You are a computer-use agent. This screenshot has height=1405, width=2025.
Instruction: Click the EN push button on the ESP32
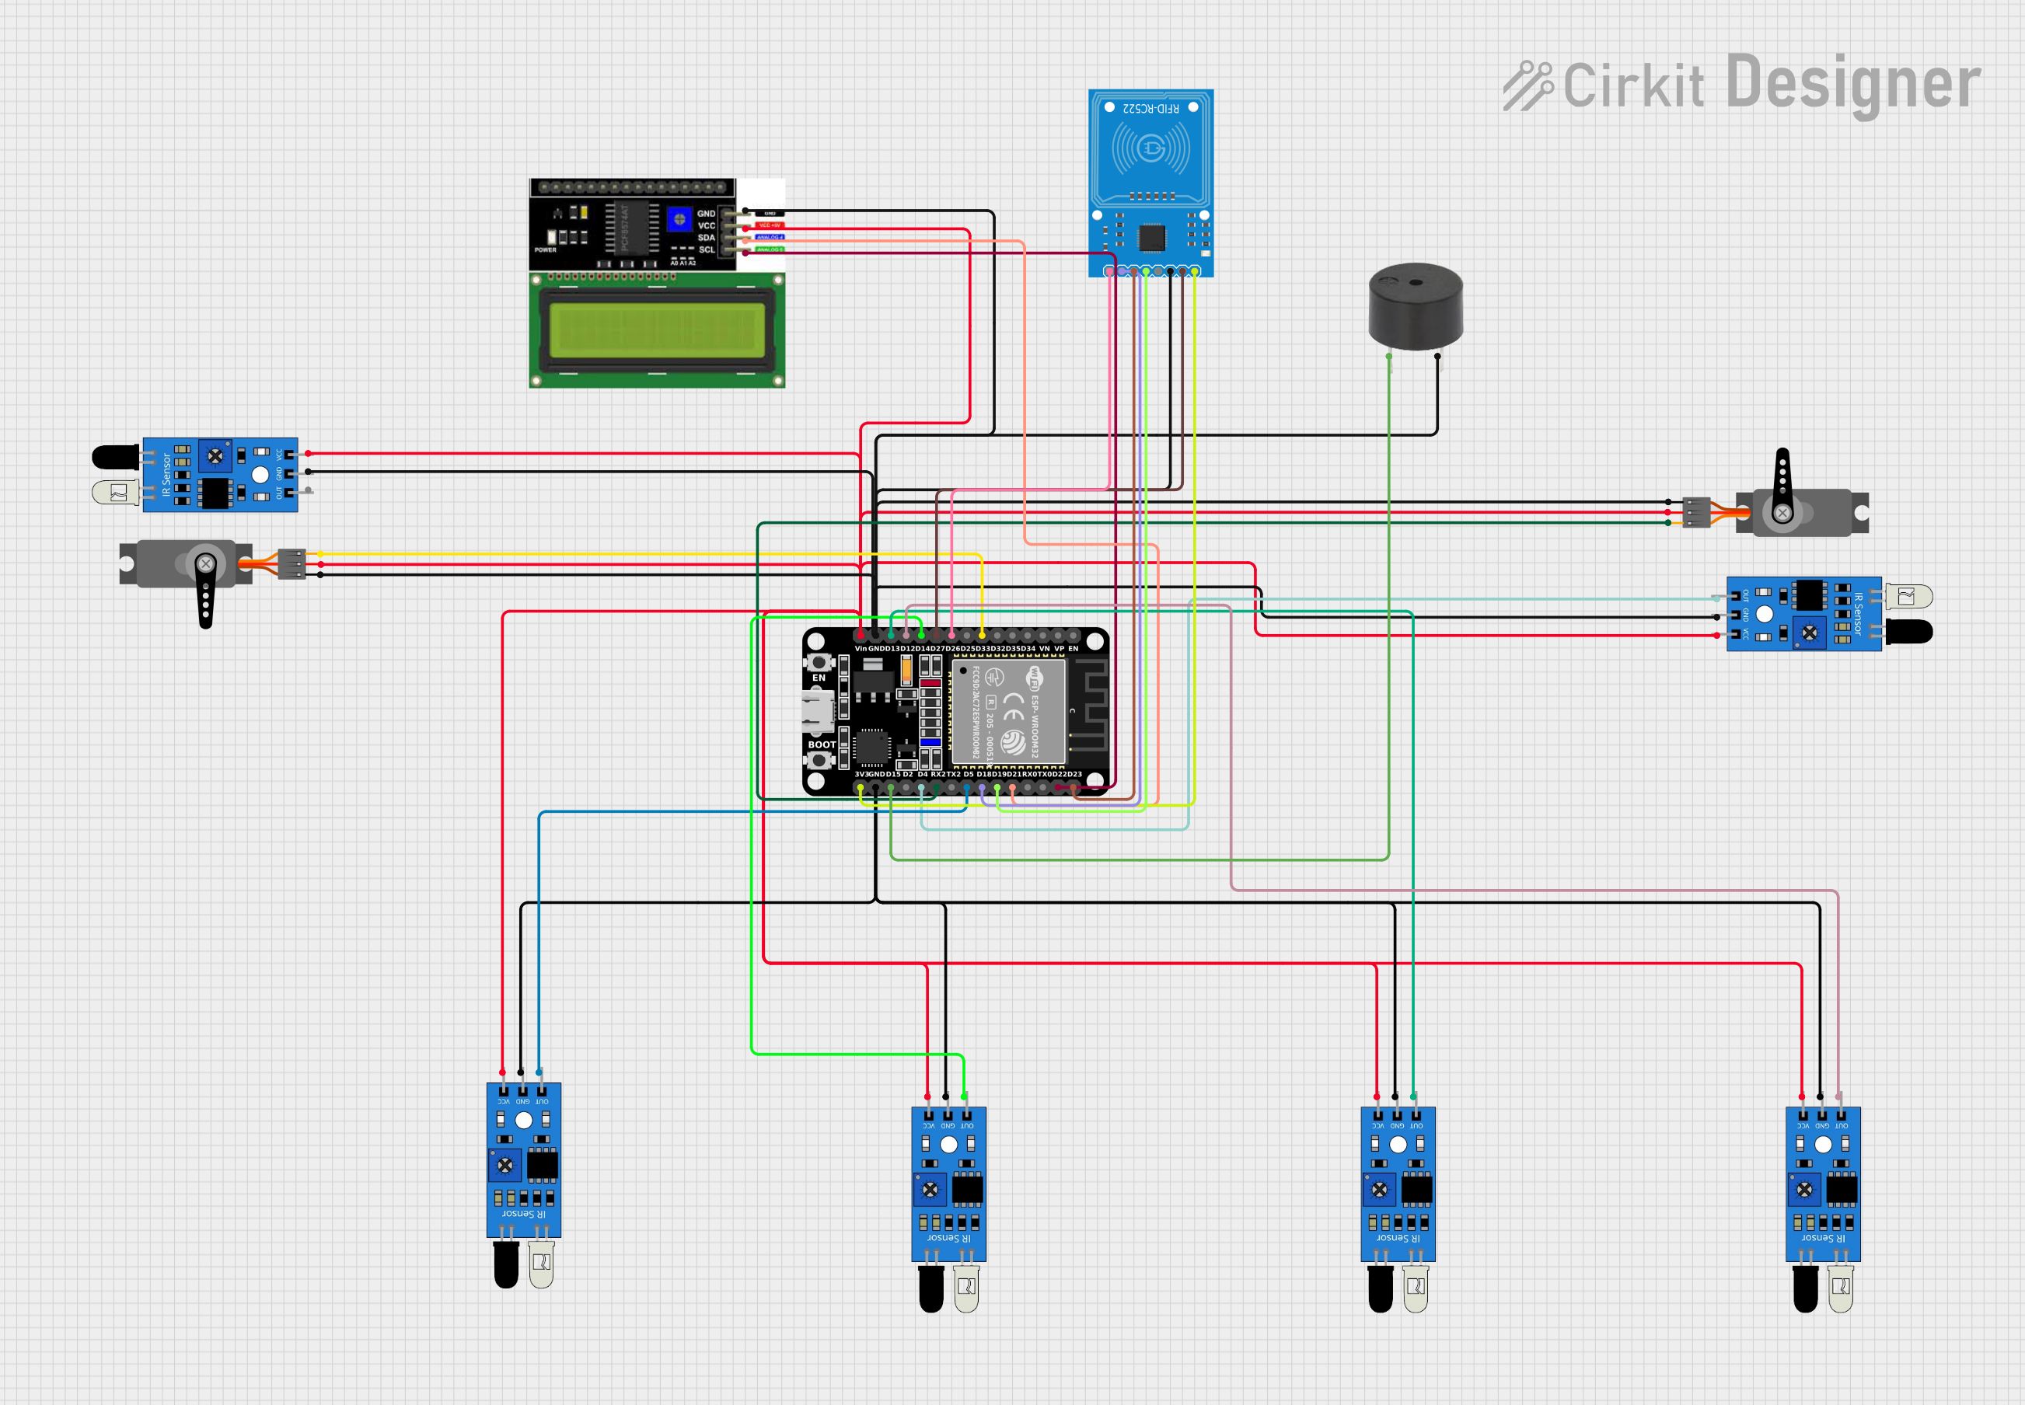tap(819, 662)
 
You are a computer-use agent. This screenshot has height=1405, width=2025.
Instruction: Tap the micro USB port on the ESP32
tap(817, 710)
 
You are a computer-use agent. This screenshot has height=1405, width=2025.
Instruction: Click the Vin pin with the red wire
tap(861, 635)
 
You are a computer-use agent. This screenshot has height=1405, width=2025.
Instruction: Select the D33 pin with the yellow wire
tap(982, 635)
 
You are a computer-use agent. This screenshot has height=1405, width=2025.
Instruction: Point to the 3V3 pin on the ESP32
tap(861, 787)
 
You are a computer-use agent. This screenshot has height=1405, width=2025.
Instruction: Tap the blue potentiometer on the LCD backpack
tap(679, 218)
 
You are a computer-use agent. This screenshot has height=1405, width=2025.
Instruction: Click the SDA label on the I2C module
tap(706, 238)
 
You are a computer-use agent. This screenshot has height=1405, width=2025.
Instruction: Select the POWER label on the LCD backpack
tap(545, 250)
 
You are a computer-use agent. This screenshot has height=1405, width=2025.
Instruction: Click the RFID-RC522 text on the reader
tap(1150, 108)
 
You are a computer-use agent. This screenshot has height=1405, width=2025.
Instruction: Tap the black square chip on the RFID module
tap(1151, 237)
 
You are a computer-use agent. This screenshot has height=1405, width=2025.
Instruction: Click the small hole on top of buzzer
tap(1415, 283)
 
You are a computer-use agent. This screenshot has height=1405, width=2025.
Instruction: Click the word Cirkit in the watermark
tap(1633, 86)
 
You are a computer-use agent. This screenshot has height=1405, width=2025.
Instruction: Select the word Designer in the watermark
tap(1853, 85)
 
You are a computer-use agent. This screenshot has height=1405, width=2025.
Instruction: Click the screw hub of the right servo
tap(1782, 512)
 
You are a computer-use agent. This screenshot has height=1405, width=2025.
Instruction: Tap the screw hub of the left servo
tap(205, 563)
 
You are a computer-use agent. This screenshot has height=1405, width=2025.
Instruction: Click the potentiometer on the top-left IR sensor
tap(215, 456)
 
